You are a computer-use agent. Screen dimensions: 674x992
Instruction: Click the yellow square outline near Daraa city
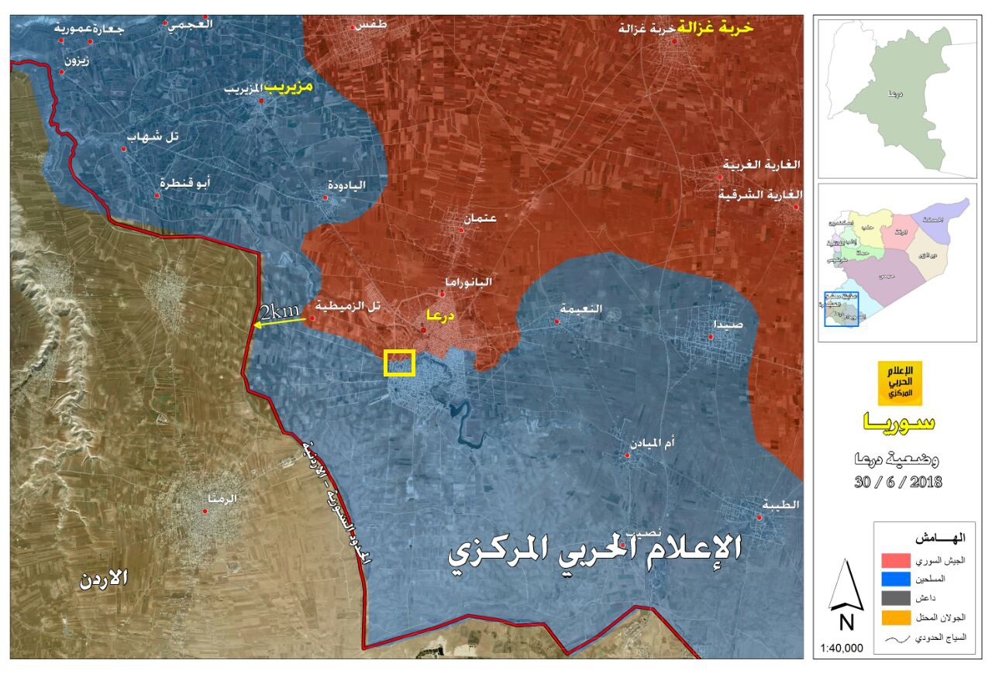point(400,363)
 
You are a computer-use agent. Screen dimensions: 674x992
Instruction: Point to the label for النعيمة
point(581,308)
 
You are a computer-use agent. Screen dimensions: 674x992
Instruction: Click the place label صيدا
point(730,325)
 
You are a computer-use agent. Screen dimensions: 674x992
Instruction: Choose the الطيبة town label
point(779,504)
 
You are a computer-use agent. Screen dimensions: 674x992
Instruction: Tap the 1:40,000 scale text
point(841,648)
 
